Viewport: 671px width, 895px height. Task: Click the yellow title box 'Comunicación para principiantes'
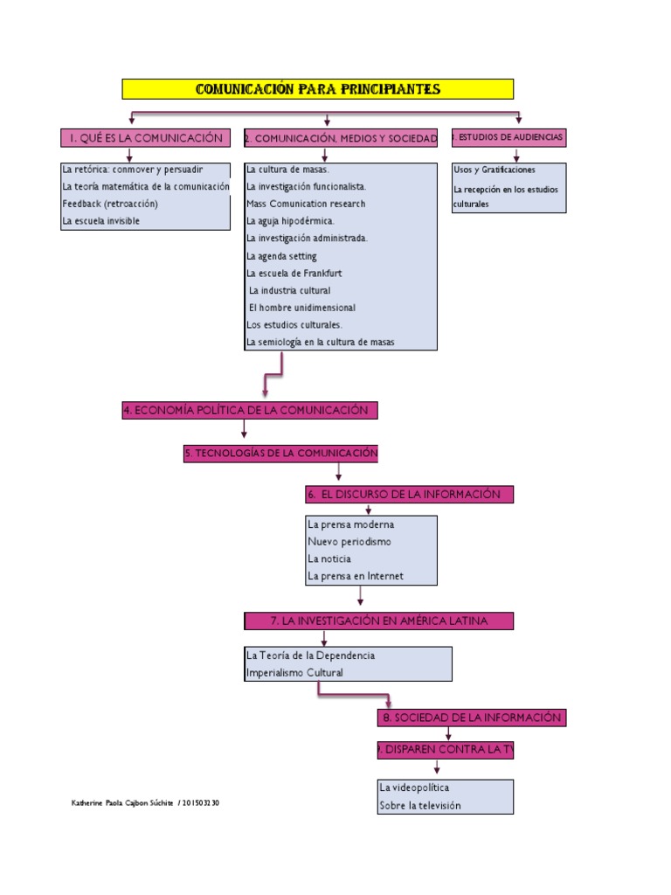317,89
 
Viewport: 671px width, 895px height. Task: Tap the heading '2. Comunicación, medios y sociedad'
340,139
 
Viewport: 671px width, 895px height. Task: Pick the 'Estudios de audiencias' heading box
508,138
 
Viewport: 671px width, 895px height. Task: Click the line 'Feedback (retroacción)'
110,204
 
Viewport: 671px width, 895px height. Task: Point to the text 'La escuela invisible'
100,221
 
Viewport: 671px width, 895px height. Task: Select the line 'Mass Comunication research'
306,204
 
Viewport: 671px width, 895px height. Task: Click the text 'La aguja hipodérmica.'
290,221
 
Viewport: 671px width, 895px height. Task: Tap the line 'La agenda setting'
281,256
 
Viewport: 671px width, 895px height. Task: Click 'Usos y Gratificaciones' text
495,170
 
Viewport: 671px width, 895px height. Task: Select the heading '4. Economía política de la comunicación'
250,411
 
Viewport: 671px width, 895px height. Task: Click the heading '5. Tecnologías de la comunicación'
280,453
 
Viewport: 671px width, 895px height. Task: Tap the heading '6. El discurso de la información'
409,495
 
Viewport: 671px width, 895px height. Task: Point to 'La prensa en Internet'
356,576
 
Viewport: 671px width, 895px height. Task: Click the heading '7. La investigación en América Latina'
378,621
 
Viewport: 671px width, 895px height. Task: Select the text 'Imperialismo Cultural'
295,672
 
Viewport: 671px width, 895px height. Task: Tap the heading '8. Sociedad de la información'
471,718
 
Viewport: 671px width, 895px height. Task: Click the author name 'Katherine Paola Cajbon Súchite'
122,802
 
